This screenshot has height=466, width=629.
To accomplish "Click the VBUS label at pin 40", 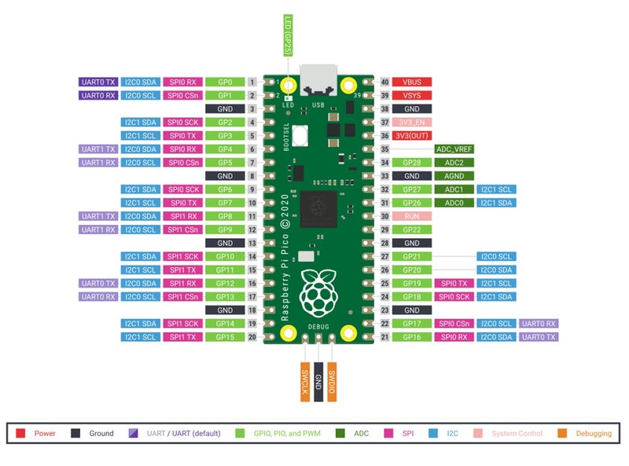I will coord(412,82).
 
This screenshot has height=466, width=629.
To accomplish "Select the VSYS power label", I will coord(412,95).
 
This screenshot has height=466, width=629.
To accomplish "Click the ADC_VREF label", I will coord(454,149).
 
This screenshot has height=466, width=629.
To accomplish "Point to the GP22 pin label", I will coord(412,229).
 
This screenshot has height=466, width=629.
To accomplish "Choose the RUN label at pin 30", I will coord(412,215).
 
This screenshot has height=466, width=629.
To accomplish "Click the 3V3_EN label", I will coord(412,122).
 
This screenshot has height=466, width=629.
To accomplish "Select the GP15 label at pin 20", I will coord(225,336).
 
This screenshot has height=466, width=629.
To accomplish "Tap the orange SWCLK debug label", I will coord(304,383).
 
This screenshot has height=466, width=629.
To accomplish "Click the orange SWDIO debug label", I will coord(333,383).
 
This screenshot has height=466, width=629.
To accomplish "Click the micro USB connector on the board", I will coord(318,79).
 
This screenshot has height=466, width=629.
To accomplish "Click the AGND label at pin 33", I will coord(454,175).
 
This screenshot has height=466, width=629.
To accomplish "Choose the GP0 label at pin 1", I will coord(225,82).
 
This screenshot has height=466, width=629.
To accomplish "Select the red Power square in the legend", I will coord(21,433).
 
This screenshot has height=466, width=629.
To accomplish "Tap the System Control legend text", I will coord(517,433).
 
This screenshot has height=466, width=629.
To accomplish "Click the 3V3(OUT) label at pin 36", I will coord(412,135).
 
